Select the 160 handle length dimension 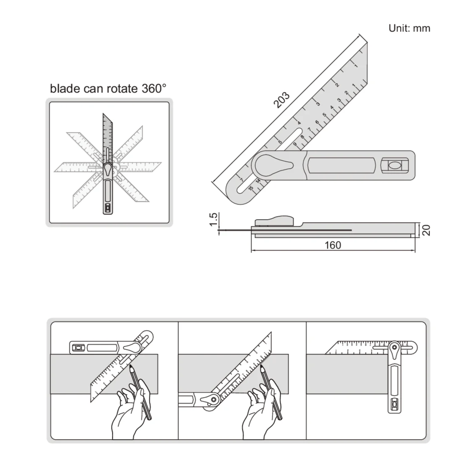click(x=332, y=245)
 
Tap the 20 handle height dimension click(x=426, y=230)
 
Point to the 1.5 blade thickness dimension click(x=214, y=219)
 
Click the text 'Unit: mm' click(x=409, y=28)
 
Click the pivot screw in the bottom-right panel click(x=395, y=348)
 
